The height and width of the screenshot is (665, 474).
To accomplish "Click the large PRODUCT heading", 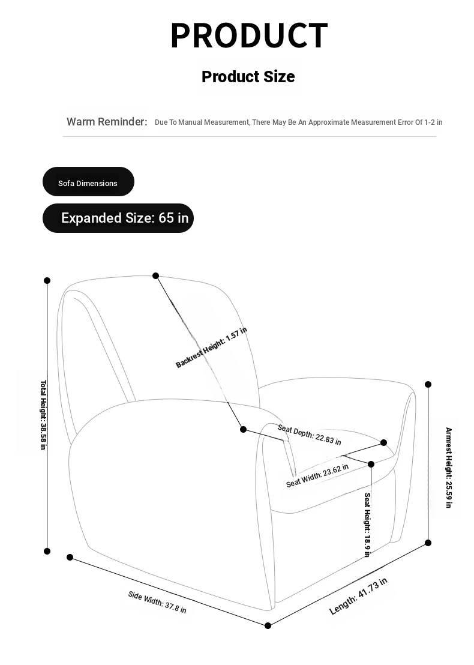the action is coord(249,35).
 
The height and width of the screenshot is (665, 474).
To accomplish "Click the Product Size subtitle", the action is coord(248,77).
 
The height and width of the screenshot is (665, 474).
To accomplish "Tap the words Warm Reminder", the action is coord(107,122).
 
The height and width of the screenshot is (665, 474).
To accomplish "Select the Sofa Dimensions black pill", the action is coord(88,181).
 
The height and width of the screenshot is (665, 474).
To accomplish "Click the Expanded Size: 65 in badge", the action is coord(118,218).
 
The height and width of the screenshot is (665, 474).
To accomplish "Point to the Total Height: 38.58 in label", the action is coord(43,415).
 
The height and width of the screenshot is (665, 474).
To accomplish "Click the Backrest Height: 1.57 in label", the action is coord(211,348).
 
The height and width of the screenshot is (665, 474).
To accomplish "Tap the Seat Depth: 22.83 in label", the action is coord(309,435).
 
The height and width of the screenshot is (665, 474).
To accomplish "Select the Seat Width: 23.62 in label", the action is coord(317,475).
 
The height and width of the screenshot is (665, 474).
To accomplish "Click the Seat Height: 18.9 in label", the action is coord(367,525).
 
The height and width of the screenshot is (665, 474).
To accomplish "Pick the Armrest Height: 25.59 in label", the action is coord(449,468).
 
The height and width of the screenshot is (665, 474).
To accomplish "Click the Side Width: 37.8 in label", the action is coord(157,602).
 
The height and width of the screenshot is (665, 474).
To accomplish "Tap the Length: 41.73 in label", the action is coord(358,595).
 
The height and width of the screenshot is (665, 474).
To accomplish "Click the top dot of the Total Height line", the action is coord(47,280).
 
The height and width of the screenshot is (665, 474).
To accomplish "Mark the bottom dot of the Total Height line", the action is coord(47,551).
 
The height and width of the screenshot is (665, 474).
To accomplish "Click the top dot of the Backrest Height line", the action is coord(155,275).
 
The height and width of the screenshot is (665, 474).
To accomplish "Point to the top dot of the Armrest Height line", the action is coord(428,384).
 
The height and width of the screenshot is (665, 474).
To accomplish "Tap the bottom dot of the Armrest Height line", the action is coord(428,543).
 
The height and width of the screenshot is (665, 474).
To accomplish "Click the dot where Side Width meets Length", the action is coord(268,625).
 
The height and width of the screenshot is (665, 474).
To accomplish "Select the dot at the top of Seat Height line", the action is coord(371,464).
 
